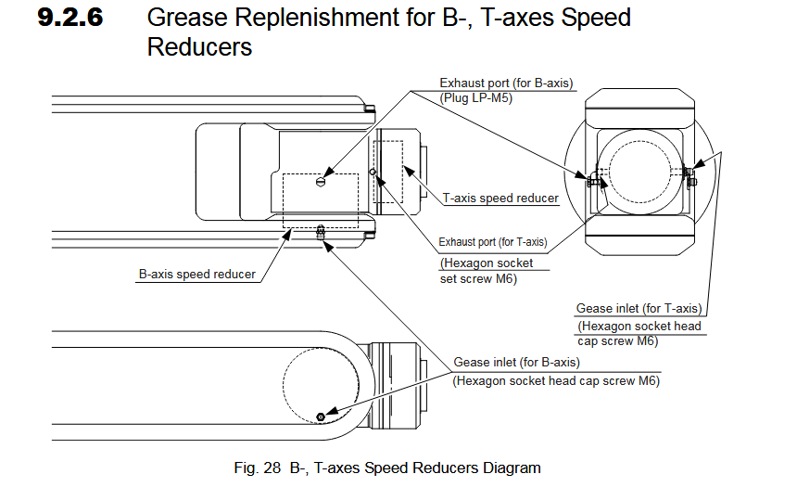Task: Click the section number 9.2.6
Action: click(70, 18)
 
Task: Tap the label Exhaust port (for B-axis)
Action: click(506, 83)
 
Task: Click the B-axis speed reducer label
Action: click(197, 275)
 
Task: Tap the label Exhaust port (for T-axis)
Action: click(492, 242)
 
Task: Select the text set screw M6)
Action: click(477, 278)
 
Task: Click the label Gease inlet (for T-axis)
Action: click(639, 308)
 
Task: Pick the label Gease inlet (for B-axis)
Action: click(516, 362)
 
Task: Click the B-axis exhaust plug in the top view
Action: click(321, 182)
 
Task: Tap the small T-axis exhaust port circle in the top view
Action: click(373, 172)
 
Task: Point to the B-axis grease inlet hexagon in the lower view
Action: click(321, 417)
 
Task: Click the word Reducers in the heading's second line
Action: click(199, 47)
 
